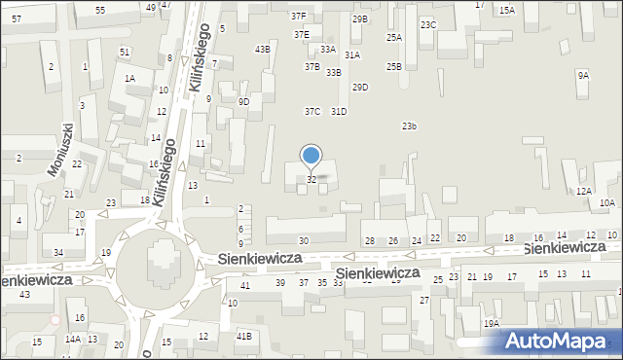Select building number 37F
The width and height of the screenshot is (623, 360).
[298, 17]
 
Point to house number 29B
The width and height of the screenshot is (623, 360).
[360, 19]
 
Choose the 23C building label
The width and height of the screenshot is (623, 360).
[428, 24]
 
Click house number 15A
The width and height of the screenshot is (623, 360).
[506, 11]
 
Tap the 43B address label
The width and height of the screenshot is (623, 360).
[262, 49]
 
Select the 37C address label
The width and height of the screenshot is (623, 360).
[311, 112]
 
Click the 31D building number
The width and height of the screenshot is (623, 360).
[339, 112]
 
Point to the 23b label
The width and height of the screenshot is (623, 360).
[410, 126]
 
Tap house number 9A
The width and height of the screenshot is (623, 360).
[583, 75]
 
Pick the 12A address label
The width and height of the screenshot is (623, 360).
[583, 192]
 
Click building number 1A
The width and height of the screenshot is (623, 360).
[129, 78]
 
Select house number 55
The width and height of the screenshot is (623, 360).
[100, 10]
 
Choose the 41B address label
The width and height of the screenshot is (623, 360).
[244, 336]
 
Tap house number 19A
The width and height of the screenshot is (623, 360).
[492, 323]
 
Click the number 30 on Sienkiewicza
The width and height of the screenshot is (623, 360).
[304, 240]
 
